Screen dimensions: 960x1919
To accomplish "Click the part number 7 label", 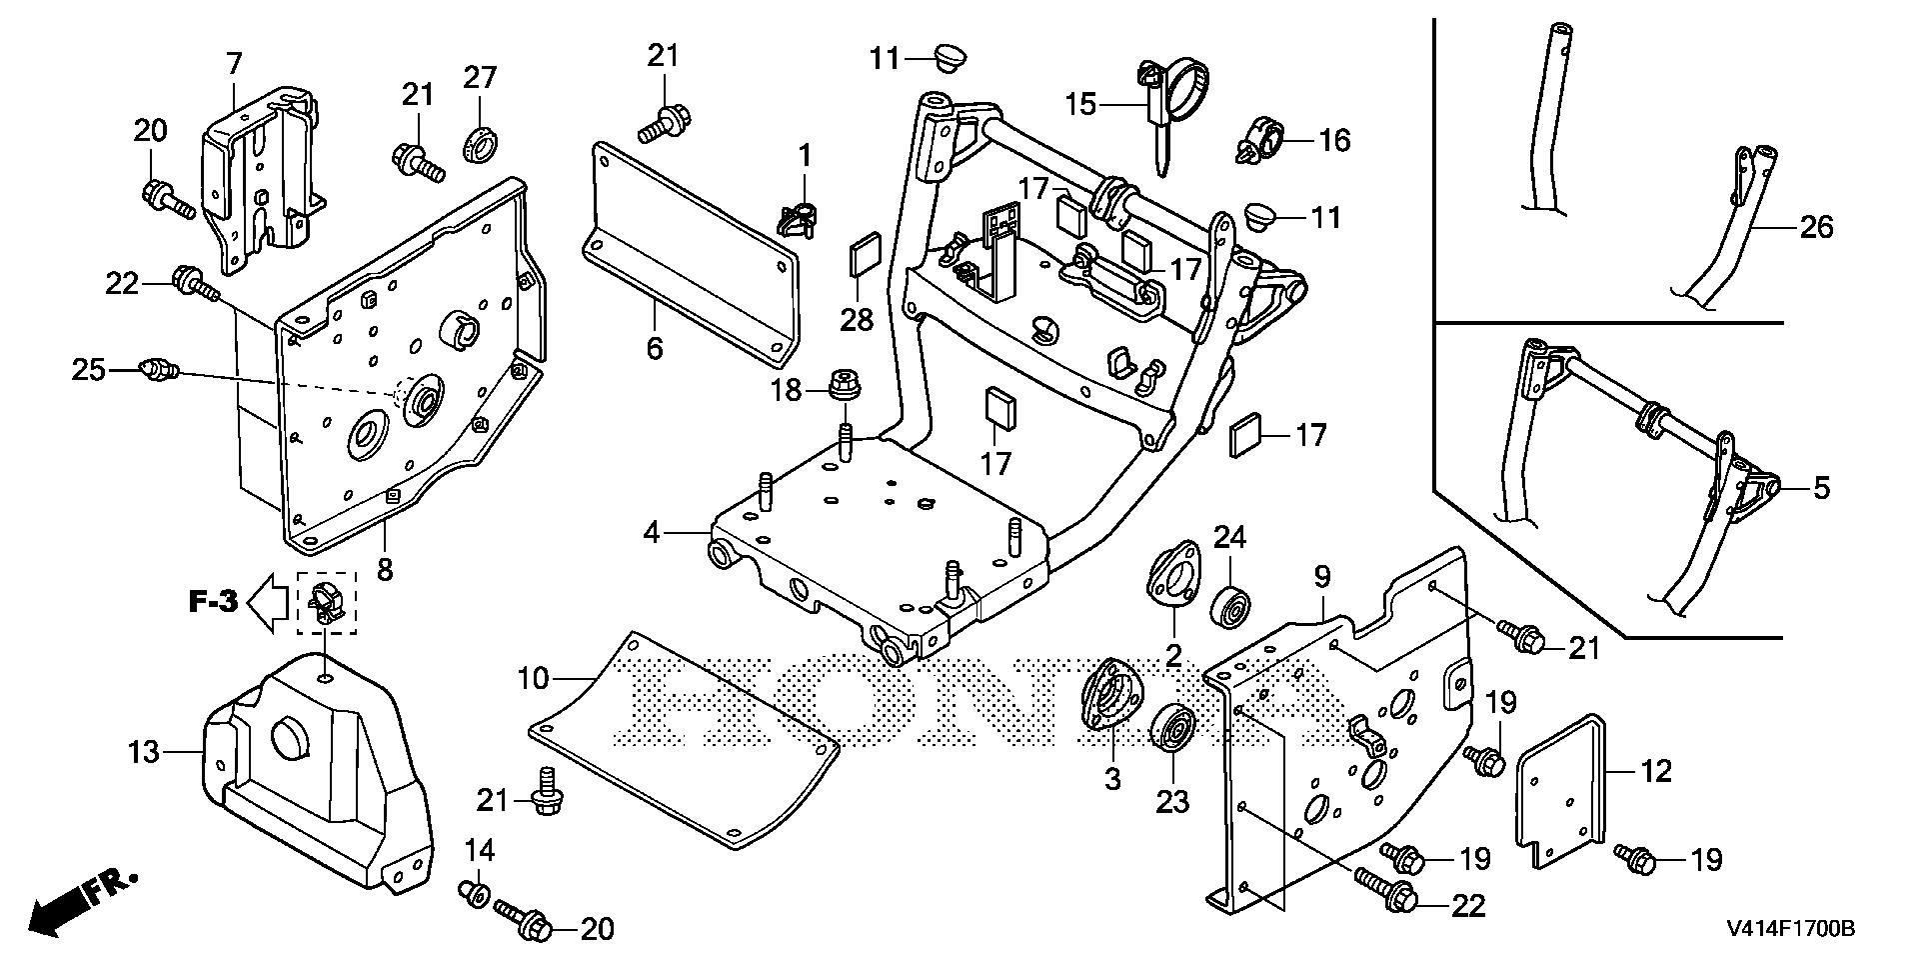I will coord(234,65).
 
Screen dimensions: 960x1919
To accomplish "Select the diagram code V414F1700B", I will coord(1790,930).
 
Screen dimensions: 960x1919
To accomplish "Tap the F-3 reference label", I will coord(213,602).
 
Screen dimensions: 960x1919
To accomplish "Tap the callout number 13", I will coord(144,751).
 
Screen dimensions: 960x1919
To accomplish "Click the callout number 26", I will coord(1817,228).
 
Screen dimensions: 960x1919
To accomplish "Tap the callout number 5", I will coord(1821,490).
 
